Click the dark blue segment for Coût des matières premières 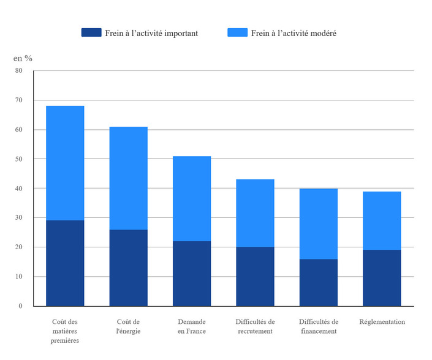coord(65,263)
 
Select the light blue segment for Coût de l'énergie coord(128,178)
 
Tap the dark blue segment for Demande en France coord(192,273)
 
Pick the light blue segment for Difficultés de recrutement coord(255,213)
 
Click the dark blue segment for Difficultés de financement coord(319,282)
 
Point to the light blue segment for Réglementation coord(382,220)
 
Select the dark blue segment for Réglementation coord(382,277)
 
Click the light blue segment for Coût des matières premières coord(65,163)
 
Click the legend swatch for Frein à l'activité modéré coord(237,32)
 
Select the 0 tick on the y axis coord(20,306)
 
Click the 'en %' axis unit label coord(23,58)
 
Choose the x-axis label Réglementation coord(382,322)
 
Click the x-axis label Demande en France coord(192,326)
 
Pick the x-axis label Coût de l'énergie coord(128,326)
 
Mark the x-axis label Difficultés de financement coord(319,326)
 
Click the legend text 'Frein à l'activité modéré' coord(294,33)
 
